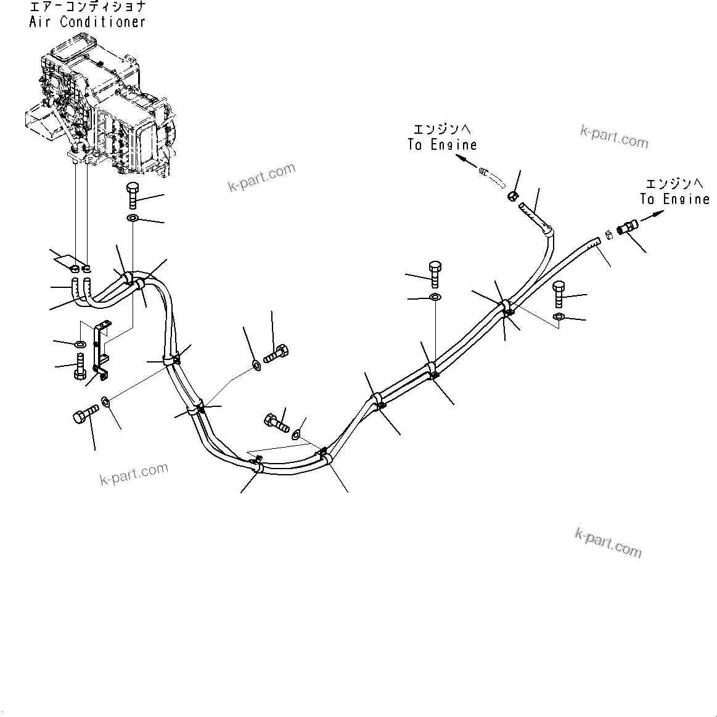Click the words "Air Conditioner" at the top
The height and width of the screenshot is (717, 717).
coord(87,22)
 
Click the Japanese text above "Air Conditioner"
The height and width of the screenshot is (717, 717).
coord(87,7)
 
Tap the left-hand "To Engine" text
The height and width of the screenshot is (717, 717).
coord(442,145)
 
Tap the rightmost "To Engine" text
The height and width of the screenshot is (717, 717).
coord(674,199)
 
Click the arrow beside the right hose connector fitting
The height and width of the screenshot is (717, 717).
coord(653,216)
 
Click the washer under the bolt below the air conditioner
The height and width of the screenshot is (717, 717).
coord(133,219)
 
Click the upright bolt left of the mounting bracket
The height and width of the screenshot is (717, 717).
coord(80,367)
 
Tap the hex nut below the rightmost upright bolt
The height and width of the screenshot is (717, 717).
coord(557,317)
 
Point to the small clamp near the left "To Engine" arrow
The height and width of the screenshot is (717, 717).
coord(511,196)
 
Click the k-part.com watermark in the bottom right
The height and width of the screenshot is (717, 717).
coord(608,543)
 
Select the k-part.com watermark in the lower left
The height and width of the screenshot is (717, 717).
coord(134,473)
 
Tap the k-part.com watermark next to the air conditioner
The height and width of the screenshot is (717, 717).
coord(261,177)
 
